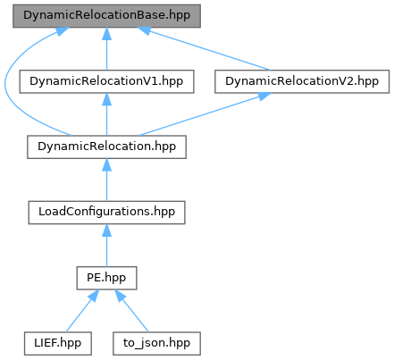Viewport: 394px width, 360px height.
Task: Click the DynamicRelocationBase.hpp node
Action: (x=106, y=16)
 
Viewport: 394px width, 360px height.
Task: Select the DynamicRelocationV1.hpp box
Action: (x=106, y=81)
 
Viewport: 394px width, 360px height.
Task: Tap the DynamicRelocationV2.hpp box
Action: (x=302, y=81)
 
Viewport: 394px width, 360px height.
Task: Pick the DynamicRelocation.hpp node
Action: (x=106, y=147)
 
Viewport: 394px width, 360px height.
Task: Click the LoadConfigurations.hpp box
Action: (x=106, y=213)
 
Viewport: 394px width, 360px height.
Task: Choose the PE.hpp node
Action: (x=106, y=278)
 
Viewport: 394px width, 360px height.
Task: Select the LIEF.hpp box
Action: (x=58, y=343)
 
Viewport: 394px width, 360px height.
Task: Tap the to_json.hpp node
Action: (x=156, y=343)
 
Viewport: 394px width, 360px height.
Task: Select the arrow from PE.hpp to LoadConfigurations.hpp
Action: (x=106, y=246)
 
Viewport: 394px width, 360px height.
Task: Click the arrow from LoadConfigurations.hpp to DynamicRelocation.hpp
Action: (x=106, y=180)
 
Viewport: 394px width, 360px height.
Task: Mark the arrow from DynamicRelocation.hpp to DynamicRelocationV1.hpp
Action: (x=106, y=114)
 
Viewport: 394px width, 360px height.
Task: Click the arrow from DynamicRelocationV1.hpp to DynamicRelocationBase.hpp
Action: (x=106, y=49)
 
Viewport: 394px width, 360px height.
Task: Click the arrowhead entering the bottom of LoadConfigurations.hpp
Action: (x=106, y=230)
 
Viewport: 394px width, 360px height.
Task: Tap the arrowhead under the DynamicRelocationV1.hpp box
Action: (x=106, y=99)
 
